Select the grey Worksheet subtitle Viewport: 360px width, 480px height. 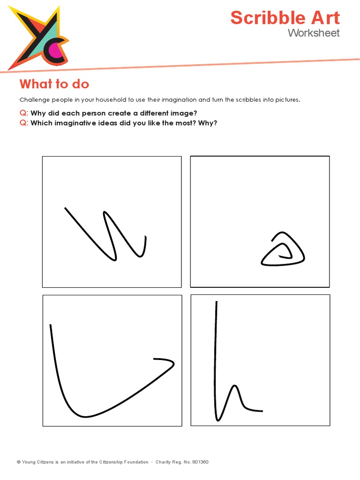coord(314,33)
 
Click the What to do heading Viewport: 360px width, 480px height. coord(54,84)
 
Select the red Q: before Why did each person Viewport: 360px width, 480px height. coord(24,113)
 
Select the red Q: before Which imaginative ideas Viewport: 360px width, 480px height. coord(24,123)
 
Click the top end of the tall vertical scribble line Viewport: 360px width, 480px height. coord(216,303)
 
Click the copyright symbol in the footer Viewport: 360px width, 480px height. coord(19,462)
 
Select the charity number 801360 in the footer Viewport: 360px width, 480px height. coord(201,462)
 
